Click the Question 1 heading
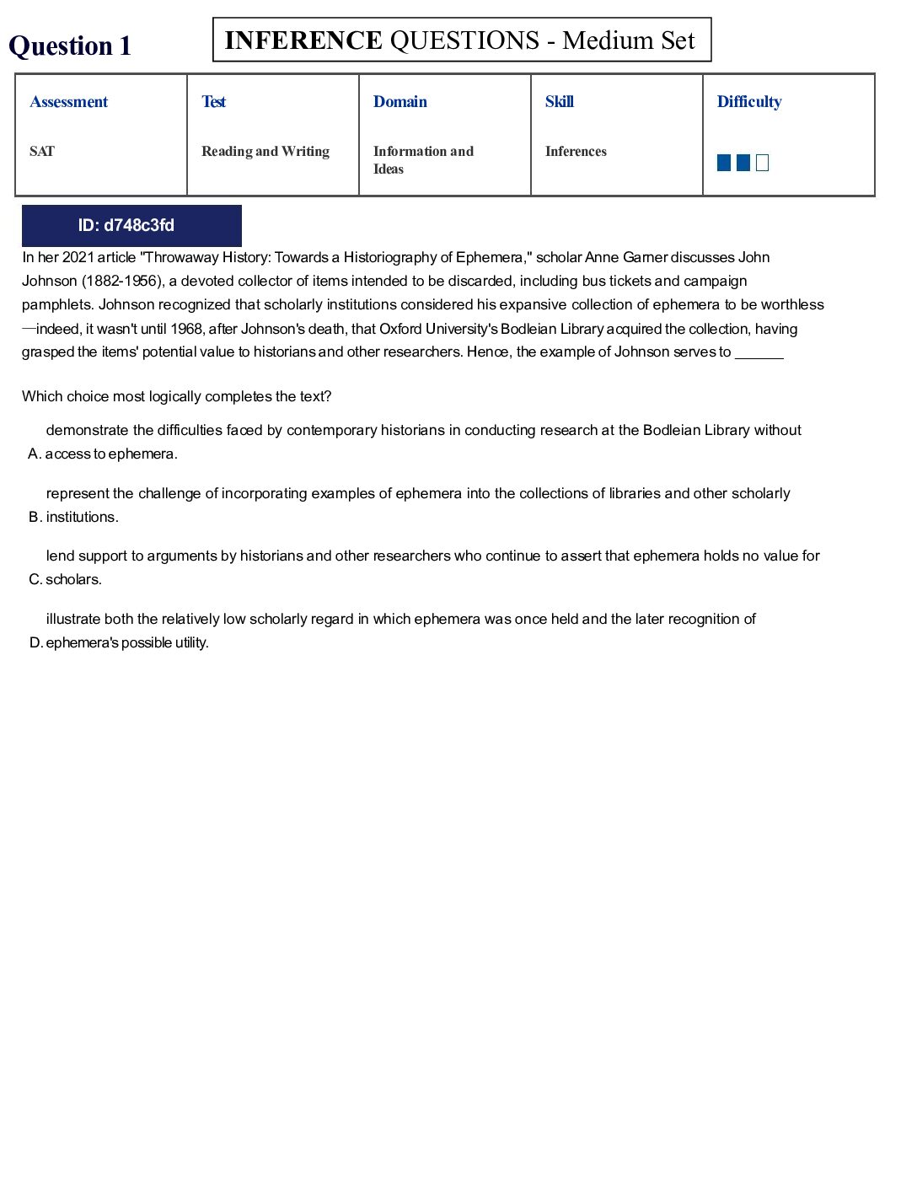click(x=70, y=46)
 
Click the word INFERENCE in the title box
click(x=303, y=40)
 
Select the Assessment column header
click(x=69, y=102)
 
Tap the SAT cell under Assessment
click(x=42, y=152)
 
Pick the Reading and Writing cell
click(x=265, y=152)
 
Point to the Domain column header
click(x=400, y=102)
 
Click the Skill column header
click(x=560, y=102)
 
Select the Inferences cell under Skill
click(x=576, y=152)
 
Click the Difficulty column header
click(x=749, y=102)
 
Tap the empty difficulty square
click(x=763, y=163)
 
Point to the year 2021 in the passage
click(x=78, y=257)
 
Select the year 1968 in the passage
click(x=186, y=329)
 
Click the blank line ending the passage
click(x=759, y=353)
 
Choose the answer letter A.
click(x=34, y=454)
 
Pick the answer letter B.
click(x=34, y=518)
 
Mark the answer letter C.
click(x=34, y=580)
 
